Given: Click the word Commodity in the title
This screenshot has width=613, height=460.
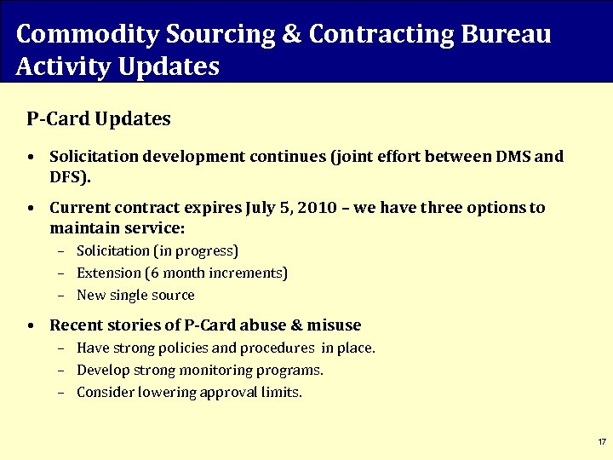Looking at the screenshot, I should click(x=74, y=34).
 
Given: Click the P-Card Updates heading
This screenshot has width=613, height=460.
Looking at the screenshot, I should click(x=99, y=118).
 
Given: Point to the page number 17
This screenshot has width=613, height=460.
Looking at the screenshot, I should click(x=601, y=442).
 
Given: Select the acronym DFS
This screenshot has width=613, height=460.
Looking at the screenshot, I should click(x=67, y=178).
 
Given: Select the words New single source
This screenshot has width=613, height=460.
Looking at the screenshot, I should click(x=135, y=295).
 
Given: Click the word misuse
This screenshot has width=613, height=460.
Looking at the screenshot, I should click(x=331, y=325).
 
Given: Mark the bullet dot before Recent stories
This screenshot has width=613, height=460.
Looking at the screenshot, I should click(x=31, y=325).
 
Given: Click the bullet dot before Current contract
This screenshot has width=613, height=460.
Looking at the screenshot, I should click(x=31, y=209).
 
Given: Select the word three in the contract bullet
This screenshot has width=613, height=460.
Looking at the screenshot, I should click(x=437, y=208).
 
